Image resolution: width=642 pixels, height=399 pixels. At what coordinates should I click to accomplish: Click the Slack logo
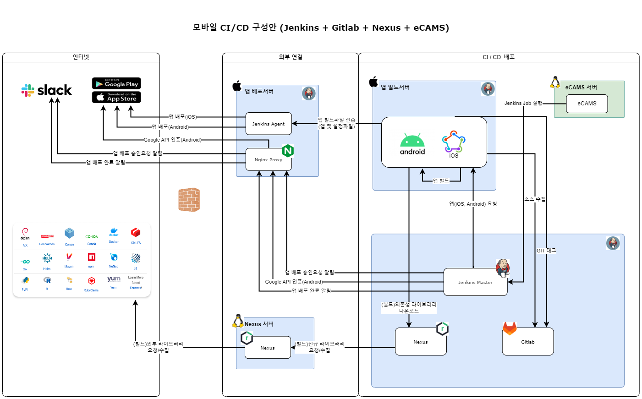tap(46, 90)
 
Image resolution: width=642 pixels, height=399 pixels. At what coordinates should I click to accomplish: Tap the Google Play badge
tap(116, 83)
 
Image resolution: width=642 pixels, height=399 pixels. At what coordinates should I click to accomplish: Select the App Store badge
tap(116, 97)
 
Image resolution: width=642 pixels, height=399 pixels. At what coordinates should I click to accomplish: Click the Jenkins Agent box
tap(269, 124)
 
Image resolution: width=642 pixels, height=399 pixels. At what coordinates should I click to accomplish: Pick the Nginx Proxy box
tap(269, 160)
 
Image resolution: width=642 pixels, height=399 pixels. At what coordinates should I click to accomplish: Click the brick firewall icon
tap(189, 200)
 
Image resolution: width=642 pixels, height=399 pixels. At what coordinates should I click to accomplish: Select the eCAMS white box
tap(587, 104)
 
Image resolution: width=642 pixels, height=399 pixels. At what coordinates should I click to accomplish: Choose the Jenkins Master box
tap(475, 282)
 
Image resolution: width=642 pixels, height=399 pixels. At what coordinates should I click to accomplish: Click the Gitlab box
tap(528, 342)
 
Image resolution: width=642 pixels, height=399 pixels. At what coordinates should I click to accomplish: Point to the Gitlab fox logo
tap(510, 328)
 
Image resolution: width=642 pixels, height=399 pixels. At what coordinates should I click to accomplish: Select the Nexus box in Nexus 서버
tap(268, 348)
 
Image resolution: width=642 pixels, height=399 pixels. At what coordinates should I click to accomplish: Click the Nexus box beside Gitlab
tap(421, 342)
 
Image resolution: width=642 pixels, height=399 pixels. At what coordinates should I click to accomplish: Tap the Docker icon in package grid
tap(114, 232)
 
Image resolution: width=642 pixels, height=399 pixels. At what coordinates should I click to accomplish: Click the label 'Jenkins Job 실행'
tap(523, 103)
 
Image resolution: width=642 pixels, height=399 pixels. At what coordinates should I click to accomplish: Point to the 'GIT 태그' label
tap(546, 251)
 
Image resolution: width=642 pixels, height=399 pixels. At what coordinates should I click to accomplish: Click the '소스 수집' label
tap(535, 199)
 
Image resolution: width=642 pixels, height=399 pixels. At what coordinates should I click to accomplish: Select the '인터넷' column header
tap(81, 57)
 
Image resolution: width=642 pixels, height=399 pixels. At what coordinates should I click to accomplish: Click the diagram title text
tap(321, 27)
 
